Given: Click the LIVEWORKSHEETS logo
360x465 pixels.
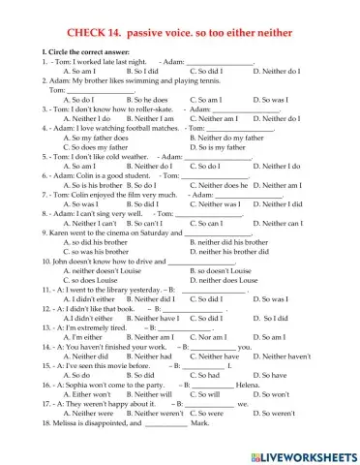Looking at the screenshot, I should click(306, 455).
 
